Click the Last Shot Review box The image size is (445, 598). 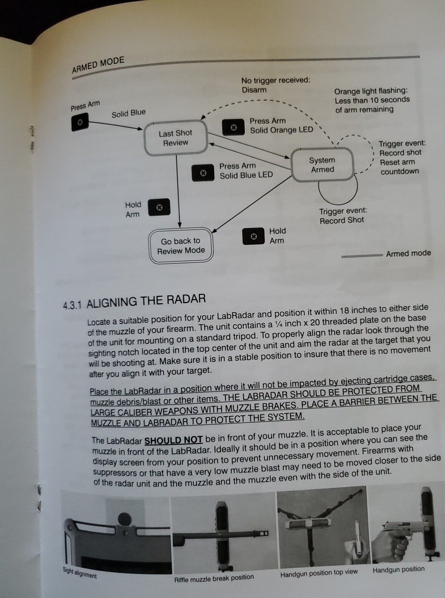[175, 138]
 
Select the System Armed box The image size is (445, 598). [322, 165]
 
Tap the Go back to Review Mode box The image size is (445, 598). [181, 246]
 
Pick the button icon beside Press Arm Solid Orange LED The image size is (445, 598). [233, 127]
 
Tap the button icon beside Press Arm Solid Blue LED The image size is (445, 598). [203, 173]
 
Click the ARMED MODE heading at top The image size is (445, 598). [98, 64]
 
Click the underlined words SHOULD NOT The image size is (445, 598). [173, 439]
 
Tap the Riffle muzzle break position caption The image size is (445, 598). [214, 578]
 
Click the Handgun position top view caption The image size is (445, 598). [319, 573]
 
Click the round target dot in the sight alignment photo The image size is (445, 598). [124, 519]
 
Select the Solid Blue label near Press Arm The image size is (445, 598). [129, 113]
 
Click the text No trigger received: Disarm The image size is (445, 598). [276, 85]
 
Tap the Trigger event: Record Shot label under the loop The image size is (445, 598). [342, 216]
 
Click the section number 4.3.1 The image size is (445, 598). [73, 305]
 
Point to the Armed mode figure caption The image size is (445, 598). [408, 253]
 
